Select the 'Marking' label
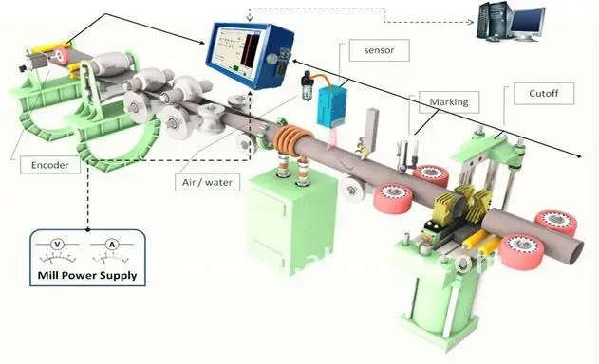[448, 100]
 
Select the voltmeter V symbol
[57, 245]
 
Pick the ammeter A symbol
[113, 245]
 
